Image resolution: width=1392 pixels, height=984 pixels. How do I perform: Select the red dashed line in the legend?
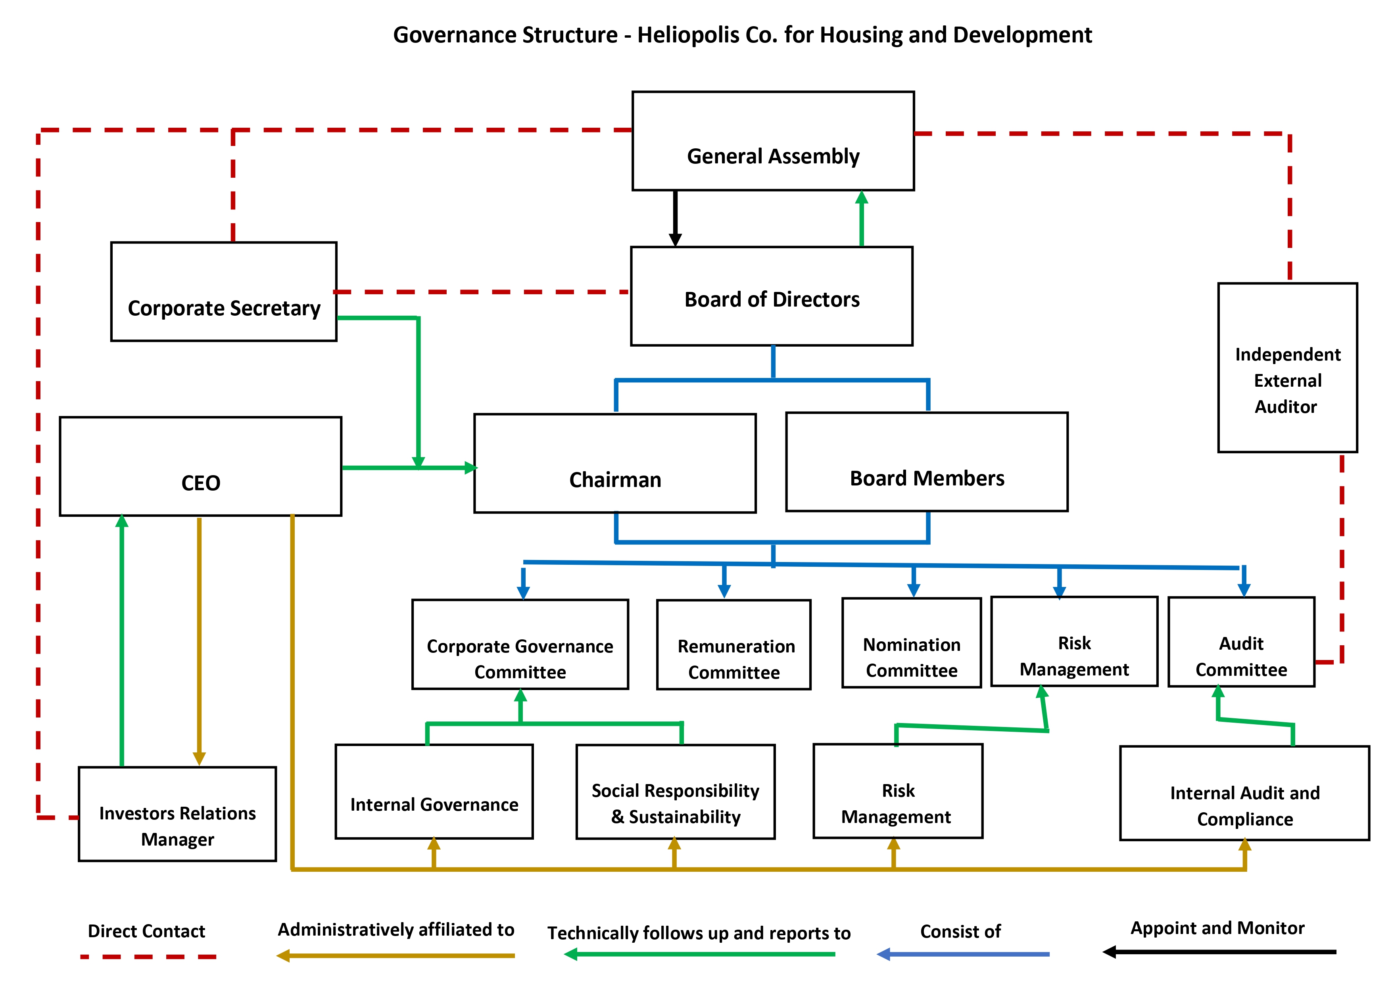tap(148, 957)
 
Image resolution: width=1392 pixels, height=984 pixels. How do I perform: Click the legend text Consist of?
tap(960, 931)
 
